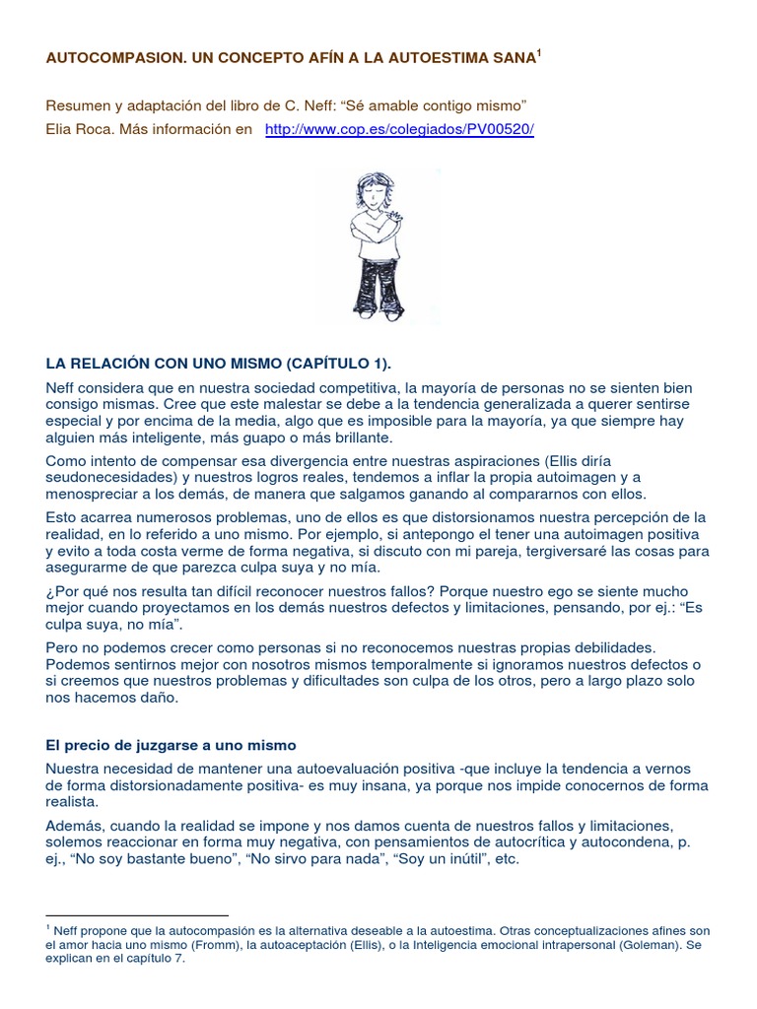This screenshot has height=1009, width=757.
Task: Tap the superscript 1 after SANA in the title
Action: (538, 55)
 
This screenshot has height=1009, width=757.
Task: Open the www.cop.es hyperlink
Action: (399, 130)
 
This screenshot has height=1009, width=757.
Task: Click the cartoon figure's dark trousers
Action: (378, 291)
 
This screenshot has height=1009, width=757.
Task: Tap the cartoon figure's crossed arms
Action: (378, 224)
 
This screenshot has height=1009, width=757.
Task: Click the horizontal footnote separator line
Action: (137, 915)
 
